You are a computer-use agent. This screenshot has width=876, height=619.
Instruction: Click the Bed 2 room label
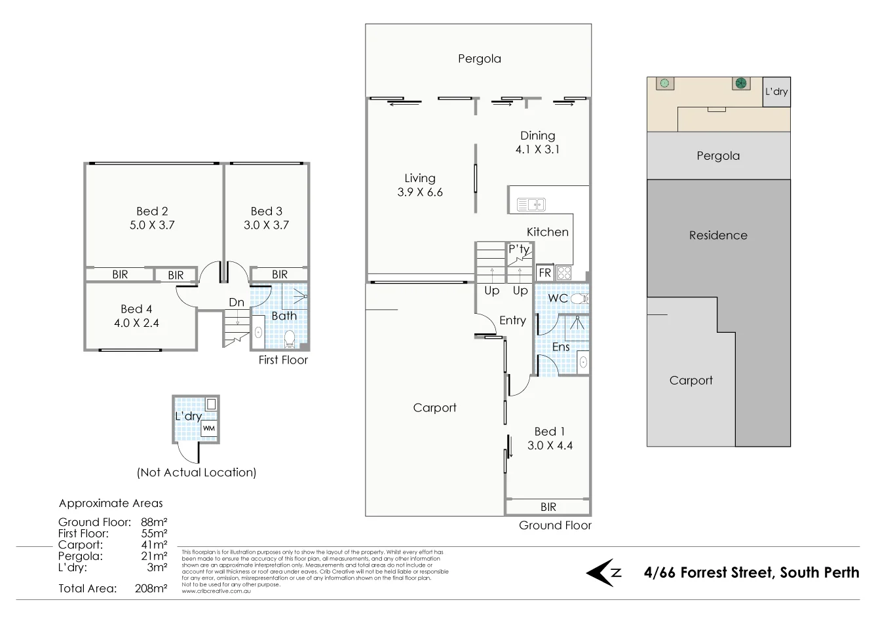152,211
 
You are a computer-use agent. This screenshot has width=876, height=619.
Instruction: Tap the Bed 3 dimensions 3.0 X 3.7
267,225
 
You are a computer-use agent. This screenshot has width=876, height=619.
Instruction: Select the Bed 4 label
136,309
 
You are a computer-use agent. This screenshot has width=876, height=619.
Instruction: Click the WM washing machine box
210,428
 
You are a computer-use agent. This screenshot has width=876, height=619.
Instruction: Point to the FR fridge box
544,273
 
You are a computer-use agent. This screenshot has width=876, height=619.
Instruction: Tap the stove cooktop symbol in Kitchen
563,273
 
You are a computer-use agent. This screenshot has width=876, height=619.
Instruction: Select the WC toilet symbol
580,299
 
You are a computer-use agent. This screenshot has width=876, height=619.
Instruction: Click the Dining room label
537,136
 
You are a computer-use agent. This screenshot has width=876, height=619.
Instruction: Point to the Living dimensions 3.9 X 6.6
420,193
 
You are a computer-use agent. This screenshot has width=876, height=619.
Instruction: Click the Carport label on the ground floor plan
434,407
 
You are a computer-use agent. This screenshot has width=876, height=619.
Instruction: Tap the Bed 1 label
549,431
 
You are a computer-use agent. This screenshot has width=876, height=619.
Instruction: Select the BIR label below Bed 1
548,507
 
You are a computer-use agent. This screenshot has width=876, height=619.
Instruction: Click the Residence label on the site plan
718,235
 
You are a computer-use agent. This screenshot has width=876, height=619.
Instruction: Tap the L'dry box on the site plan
776,92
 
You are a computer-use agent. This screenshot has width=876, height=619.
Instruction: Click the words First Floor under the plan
283,360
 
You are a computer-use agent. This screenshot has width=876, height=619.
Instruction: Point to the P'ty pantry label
519,250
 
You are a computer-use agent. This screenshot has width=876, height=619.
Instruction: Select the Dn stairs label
237,302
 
